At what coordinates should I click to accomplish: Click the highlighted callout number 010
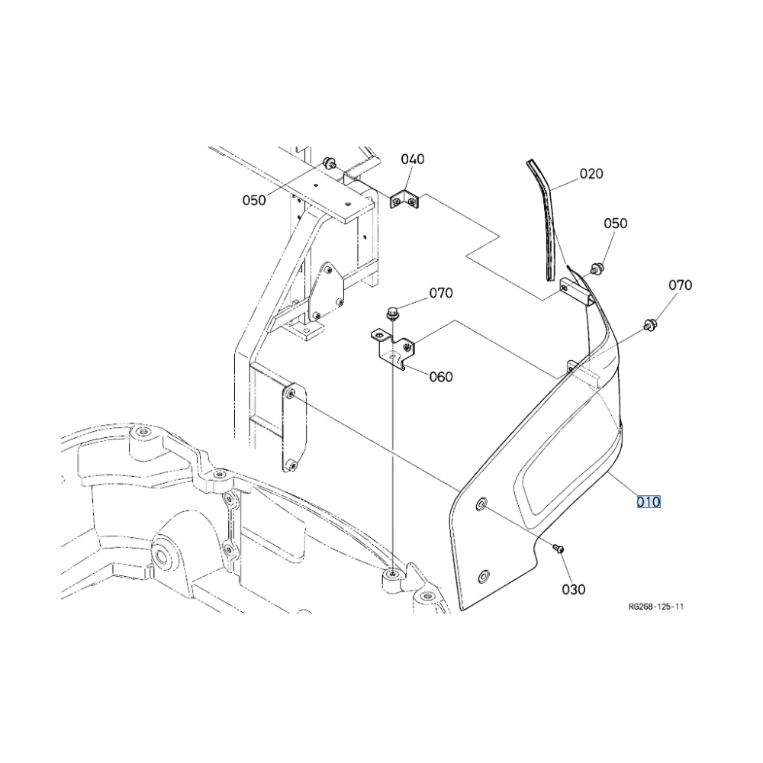point(649,501)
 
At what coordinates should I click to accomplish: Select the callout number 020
point(591,174)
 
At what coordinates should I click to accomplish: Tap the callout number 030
point(574,589)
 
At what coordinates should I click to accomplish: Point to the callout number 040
point(413,159)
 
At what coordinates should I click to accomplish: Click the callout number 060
point(441,377)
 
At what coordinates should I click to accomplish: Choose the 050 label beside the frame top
point(254,200)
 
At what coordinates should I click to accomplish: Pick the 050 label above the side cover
point(616,224)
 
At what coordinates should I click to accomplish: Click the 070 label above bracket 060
point(441,293)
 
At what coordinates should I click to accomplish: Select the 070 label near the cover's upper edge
point(681,285)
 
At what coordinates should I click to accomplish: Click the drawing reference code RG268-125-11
point(656,607)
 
